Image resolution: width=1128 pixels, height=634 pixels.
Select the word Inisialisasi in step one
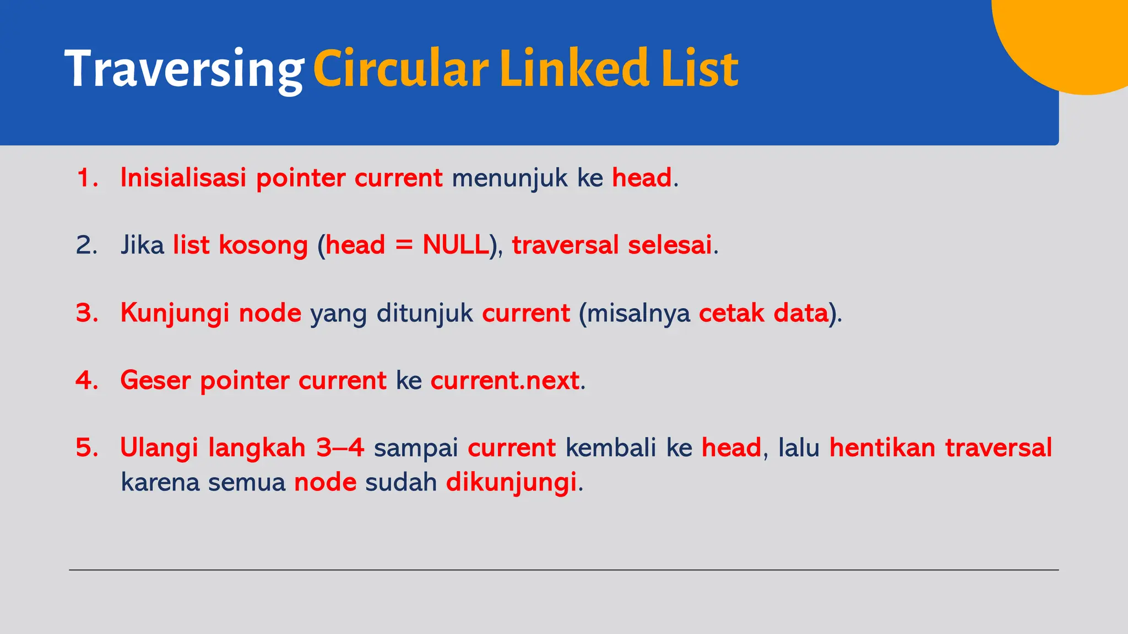point(183,178)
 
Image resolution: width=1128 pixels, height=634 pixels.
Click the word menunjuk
point(509,178)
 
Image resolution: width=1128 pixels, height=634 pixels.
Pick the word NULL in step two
point(455,245)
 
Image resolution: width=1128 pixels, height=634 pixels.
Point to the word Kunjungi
point(175,314)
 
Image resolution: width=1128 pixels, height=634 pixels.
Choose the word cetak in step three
point(731,313)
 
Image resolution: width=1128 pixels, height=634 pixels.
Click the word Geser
point(155,380)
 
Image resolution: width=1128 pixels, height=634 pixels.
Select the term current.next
point(505,380)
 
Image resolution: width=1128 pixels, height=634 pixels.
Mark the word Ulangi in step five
point(159,448)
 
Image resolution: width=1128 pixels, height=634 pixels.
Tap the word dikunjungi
point(511,483)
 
